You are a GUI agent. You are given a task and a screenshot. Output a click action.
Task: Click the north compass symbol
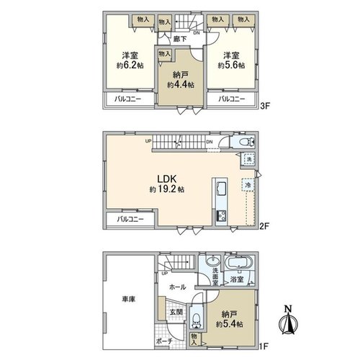click(x=289, y=320)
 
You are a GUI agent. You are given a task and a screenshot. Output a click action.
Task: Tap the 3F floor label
click(x=266, y=106)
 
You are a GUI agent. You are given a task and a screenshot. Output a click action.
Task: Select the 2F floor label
click(x=265, y=226)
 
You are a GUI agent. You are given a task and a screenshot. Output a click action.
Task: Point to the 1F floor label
click(x=264, y=346)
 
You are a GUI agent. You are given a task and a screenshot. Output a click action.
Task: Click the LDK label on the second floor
click(x=167, y=179)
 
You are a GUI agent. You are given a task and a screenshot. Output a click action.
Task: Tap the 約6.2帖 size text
click(x=130, y=66)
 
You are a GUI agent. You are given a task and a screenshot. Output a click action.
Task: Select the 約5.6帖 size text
click(x=231, y=66)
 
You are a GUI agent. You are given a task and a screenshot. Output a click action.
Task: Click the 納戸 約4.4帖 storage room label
click(x=181, y=80)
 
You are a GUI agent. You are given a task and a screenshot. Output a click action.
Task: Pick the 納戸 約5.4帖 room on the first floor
click(x=230, y=319)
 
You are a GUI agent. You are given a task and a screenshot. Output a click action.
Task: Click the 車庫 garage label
click(x=129, y=300)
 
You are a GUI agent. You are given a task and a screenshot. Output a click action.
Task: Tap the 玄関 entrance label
click(x=176, y=312)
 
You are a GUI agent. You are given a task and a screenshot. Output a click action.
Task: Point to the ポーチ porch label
click(x=164, y=341)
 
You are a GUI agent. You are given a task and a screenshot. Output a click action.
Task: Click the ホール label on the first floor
click(x=178, y=287)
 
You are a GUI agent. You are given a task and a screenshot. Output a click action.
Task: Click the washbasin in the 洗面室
click(x=212, y=261)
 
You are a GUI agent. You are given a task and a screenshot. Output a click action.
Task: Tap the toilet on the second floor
click(x=247, y=142)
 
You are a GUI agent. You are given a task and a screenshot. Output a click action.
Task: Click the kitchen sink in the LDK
click(x=221, y=189)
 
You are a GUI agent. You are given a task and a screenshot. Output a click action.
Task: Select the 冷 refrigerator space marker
click(x=248, y=185)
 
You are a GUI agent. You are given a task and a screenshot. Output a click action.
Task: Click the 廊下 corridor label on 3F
click(x=180, y=39)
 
